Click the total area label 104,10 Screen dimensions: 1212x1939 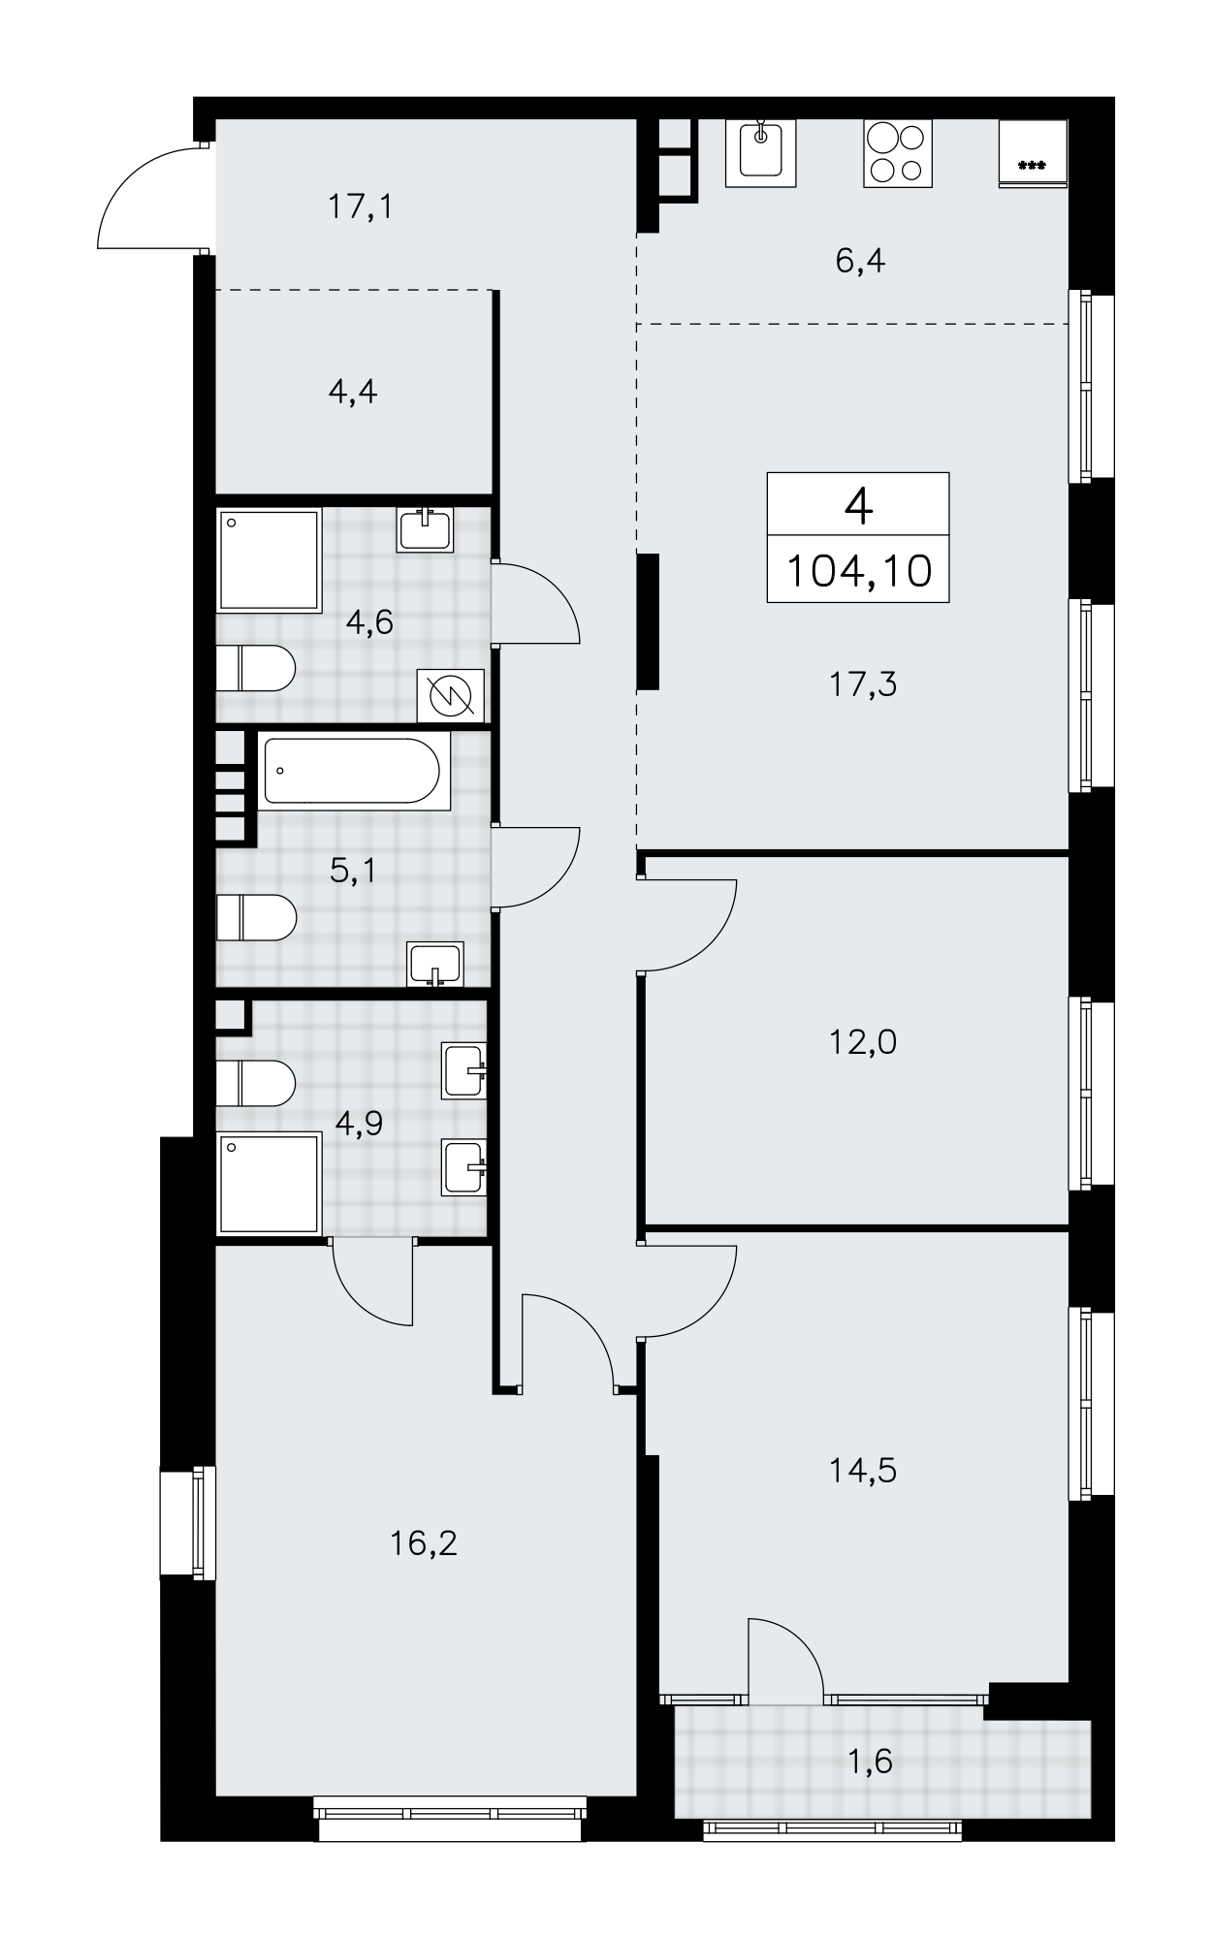[x=858, y=570]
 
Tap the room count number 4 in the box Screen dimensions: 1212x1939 [x=858, y=505]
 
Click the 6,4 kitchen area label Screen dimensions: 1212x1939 [x=860, y=261]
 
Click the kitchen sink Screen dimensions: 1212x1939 [x=760, y=153]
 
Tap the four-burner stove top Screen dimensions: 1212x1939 [x=897, y=153]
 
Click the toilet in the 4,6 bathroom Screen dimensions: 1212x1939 [x=254, y=668]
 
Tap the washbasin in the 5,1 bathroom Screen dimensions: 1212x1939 [x=436, y=964]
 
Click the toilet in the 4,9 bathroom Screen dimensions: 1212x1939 [x=254, y=1083]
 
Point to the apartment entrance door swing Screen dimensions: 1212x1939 [x=151, y=197]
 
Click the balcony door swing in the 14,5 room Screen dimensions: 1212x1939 [x=786, y=1661]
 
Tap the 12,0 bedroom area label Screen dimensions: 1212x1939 [x=862, y=1042]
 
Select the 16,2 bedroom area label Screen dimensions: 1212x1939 [x=424, y=1542]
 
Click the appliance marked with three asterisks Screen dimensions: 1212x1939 [x=1033, y=153]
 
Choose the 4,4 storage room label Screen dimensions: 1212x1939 [x=353, y=392]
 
